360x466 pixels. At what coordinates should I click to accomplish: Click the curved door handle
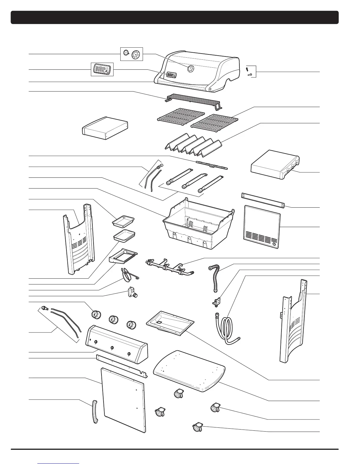95,412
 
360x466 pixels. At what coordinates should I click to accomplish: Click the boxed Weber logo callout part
102,69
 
